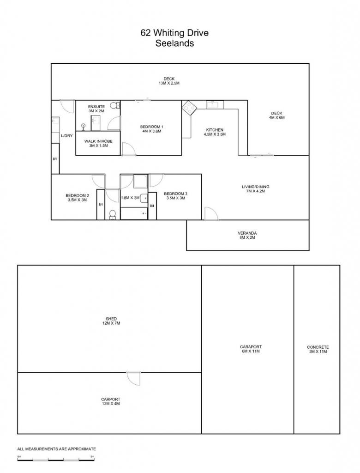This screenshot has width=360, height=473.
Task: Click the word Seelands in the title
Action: [x=174, y=43]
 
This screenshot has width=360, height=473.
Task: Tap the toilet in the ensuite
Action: [x=114, y=106]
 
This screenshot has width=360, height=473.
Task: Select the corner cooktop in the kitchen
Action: [x=189, y=108]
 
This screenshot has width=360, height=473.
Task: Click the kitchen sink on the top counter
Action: [x=215, y=105]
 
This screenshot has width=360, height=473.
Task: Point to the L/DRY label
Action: [x=66, y=136]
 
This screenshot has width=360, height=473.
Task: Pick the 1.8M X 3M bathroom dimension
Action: [x=130, y=198]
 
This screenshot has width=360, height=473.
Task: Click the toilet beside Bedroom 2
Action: [x=112, y=214]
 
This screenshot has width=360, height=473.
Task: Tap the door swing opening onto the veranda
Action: [x=211, y=213]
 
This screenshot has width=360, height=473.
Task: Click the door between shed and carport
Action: [x=133, y=378]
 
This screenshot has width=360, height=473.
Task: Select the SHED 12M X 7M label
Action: [x=111, y=321]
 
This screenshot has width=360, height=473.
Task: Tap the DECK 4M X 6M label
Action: [x=276, y=115]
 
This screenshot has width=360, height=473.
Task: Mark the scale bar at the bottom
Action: [x=56, y=460]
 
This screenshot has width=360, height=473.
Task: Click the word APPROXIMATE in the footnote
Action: [x=82, y=449]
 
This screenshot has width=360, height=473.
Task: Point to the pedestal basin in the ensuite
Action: [x=83, y=126]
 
